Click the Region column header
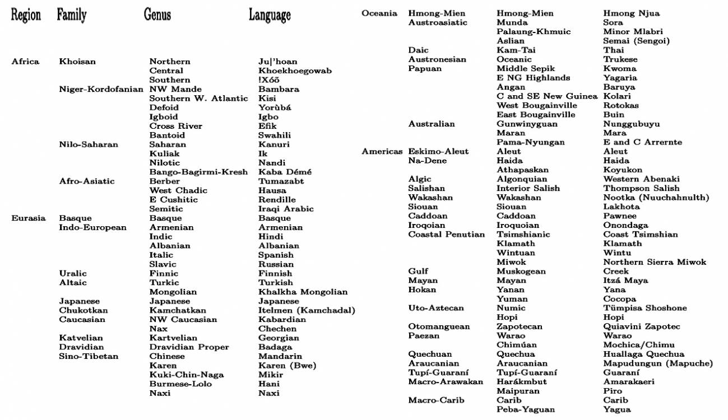click(x=26, y=15)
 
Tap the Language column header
click(x=270, y=15)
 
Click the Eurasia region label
click(x=28, y=218)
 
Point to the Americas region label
click(x=382, y=151)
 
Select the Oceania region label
click(x=379, y=13)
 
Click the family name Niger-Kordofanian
click(x=101, y=89)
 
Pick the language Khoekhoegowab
click(x=295, y=71)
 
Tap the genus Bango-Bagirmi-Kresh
click(x=198, y=172)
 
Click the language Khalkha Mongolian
click(x=303, y=292)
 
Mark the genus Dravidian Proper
click(x=189, y=347)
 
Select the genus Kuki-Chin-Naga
click(x=186, y=375)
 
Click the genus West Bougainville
click(x=536, y=105)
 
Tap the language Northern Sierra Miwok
click(x=655, y=262)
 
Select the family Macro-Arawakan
click(x=446, y=382)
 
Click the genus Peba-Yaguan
click(x=526, y=409)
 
